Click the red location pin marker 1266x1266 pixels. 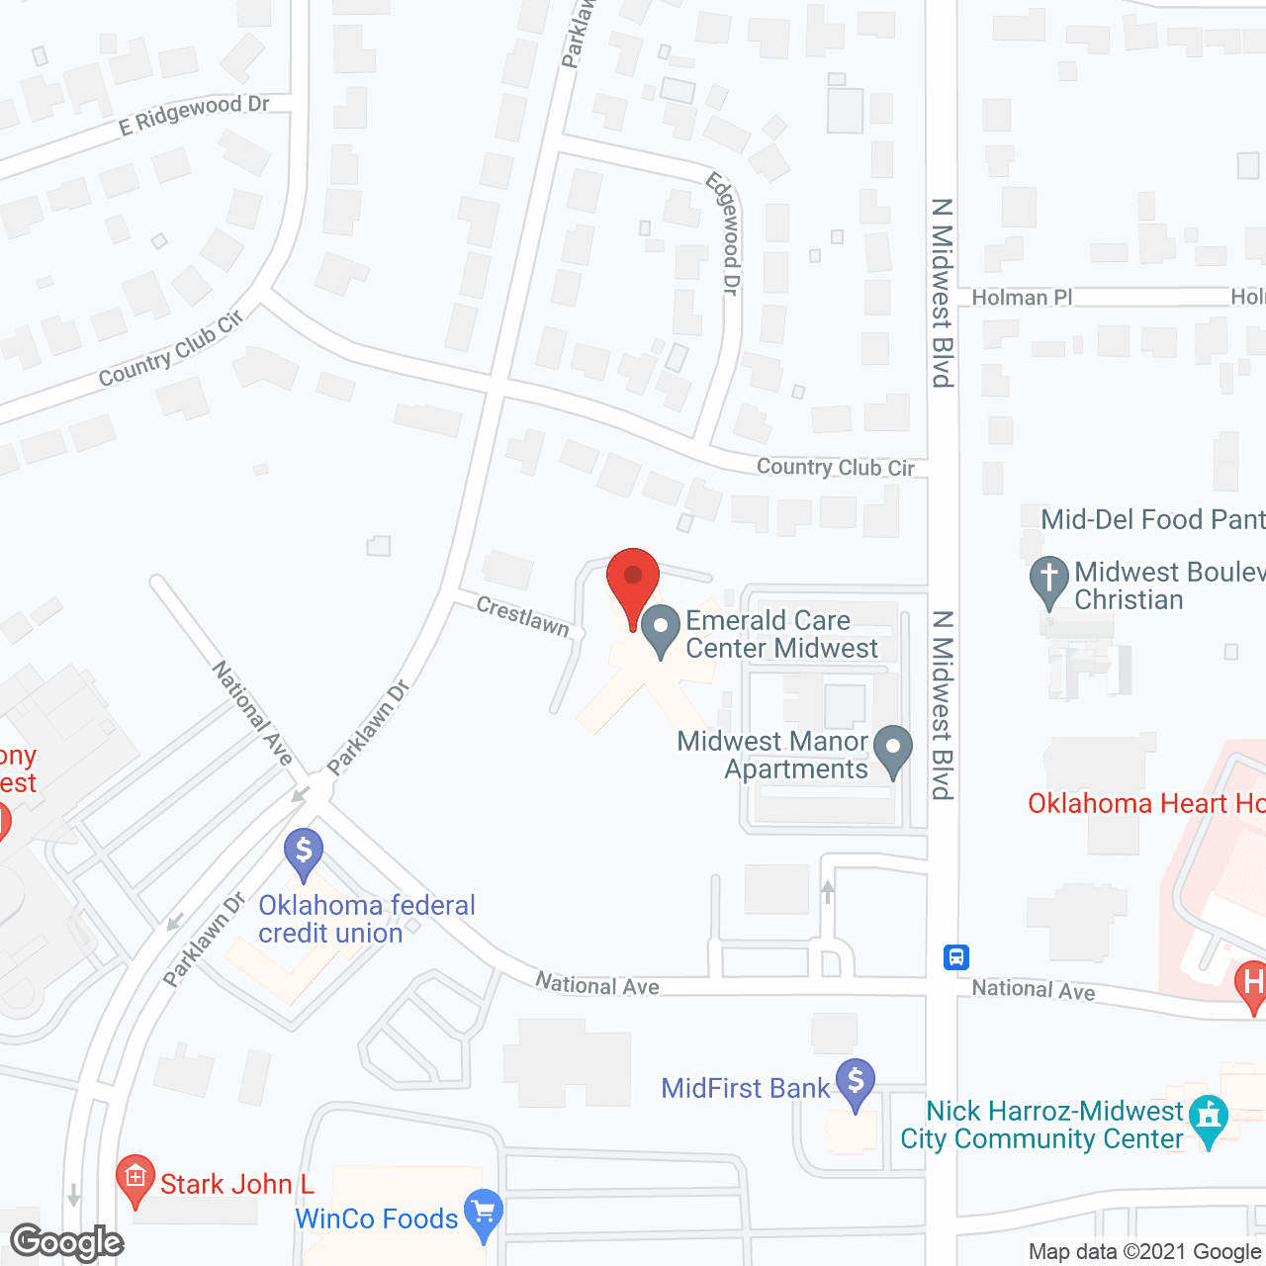(633, 584)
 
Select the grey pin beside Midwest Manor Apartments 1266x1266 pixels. (893, 751)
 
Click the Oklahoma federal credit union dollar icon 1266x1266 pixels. (304, 852)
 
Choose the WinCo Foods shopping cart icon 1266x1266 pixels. (484, 1213)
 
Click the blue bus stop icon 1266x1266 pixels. (955, 956)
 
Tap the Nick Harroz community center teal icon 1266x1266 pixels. (1209, 1118)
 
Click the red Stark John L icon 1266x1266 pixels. (136, 1179)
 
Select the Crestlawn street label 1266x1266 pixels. (523, 616)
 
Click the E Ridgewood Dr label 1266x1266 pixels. (194, 115)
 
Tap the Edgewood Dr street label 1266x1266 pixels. (724, 233)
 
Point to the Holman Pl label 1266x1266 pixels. (1022, 298)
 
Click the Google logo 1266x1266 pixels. (67, 1242)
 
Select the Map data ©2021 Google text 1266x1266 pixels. (1144, 1252)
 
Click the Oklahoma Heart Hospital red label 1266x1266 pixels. (1146, 803)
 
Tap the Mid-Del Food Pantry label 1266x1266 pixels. (1152, 519)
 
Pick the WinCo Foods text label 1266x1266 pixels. (377, 1219)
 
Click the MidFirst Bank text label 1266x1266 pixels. (746, 1088)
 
